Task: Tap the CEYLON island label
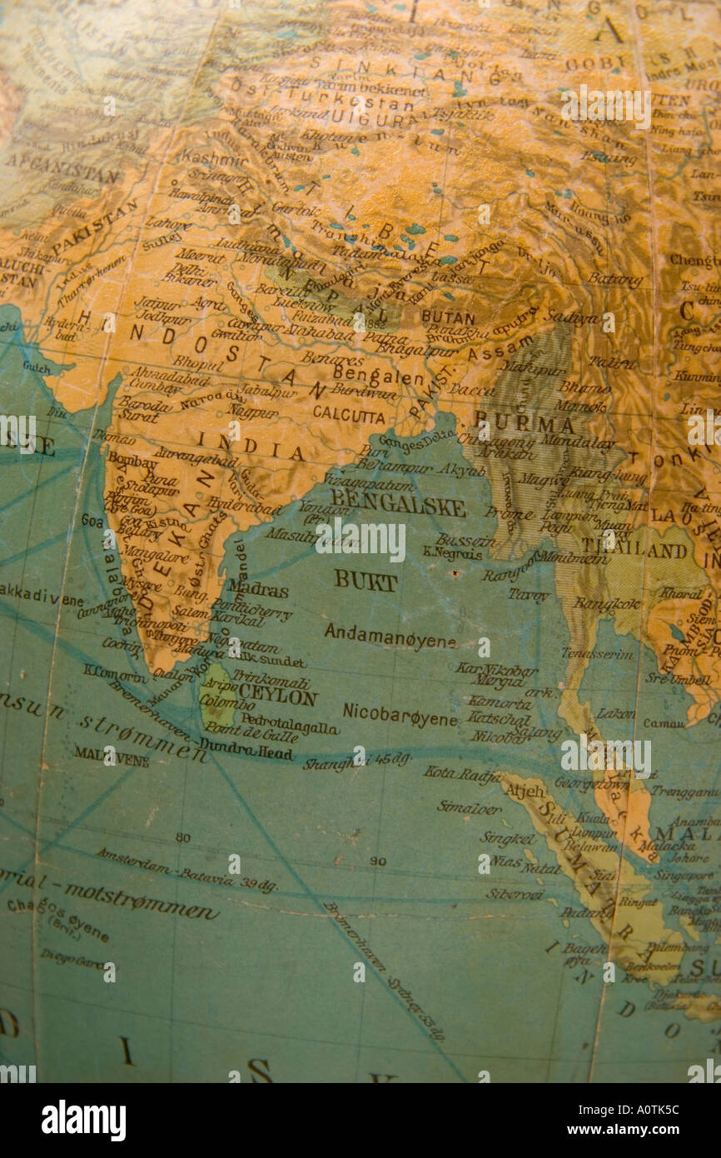[277, 697]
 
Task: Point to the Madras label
[258, 589]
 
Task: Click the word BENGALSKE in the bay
[398, 506]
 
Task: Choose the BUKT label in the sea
[365, 581]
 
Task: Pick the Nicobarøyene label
[400, 715]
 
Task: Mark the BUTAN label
[448, 317]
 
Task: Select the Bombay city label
[132, 462]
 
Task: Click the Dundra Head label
[246, 751]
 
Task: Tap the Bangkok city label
[606, 603]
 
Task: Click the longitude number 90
[378, 861]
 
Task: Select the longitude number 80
[183, 837]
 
